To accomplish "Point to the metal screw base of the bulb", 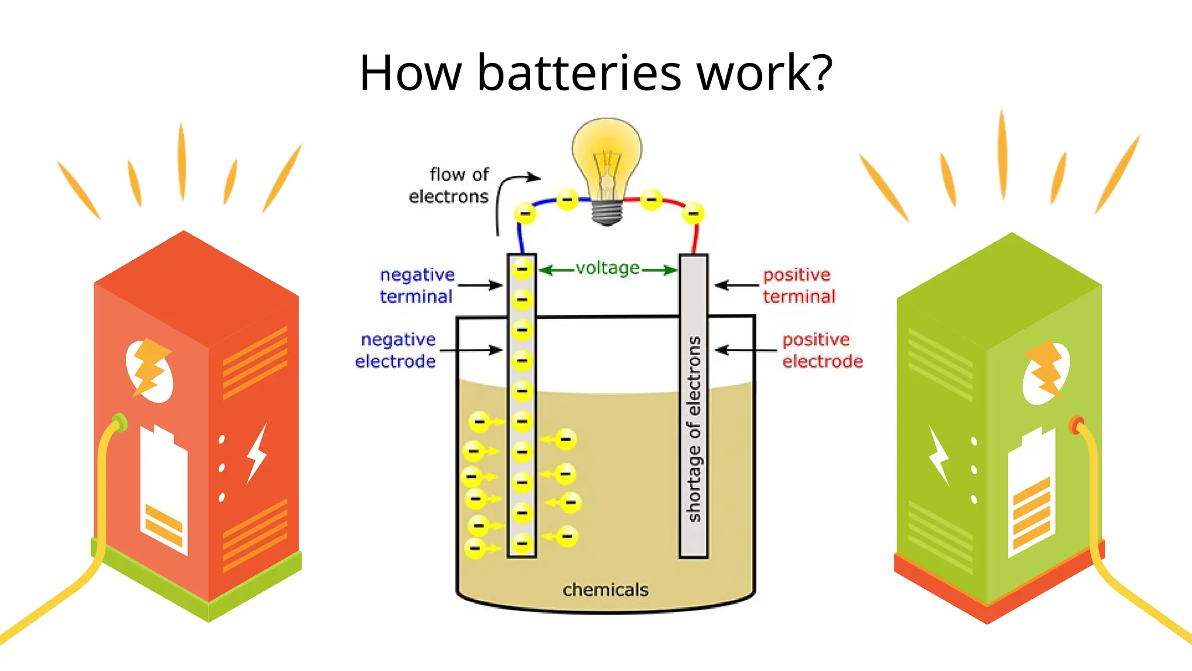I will pyautogui.click(x=607, y=213).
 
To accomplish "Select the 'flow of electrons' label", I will pyautogui.click(x=449, y=185).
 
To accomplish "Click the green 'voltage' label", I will pyautogui.click(x=608, y=268).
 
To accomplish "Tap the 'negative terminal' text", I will pyautogui.click(x=416, y=285).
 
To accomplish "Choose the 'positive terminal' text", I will pyautogui.click(x=799, y=285).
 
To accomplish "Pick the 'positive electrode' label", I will pyautogui.click(x=822, y=350).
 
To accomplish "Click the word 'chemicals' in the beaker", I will pyautogui.click(x=605, y=589).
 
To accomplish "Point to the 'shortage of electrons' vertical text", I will pyautogui.click(x=694, y=429).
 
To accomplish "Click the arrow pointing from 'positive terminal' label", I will pyautogui.click(x=736, y=285).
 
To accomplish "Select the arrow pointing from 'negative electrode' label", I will pyautogui.click(x=470, y=350).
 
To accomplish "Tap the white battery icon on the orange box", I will pyautogui.click(x=164, y=489).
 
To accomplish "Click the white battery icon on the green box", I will pyautogui.click(x=1031, y=492).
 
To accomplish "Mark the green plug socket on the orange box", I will pyautogui.click(x=119, y=422).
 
